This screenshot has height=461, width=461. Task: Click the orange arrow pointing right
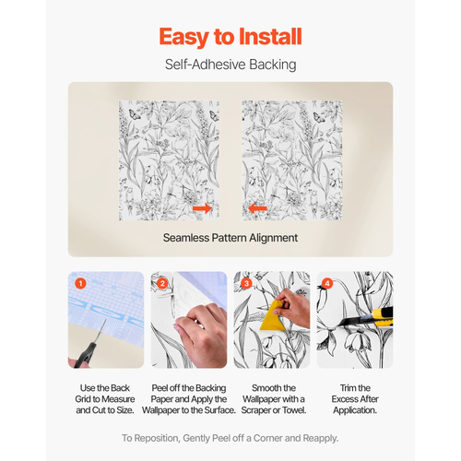tap(202, 208)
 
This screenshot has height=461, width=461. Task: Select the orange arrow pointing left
tap(257, 208)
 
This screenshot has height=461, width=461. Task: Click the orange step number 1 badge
tap(80, 283)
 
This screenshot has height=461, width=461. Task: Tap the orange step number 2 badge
tap(163, 283)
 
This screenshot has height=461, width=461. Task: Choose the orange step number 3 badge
tap(246, 283)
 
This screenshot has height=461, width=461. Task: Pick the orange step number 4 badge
tap(327, 283)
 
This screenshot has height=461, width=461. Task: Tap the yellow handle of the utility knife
tap(384, 316)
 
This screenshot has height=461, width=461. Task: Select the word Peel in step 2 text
tap(160, 388)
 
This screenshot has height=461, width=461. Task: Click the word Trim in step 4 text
tap(348, 388)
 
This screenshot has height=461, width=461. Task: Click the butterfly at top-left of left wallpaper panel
tap(134, 114)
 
